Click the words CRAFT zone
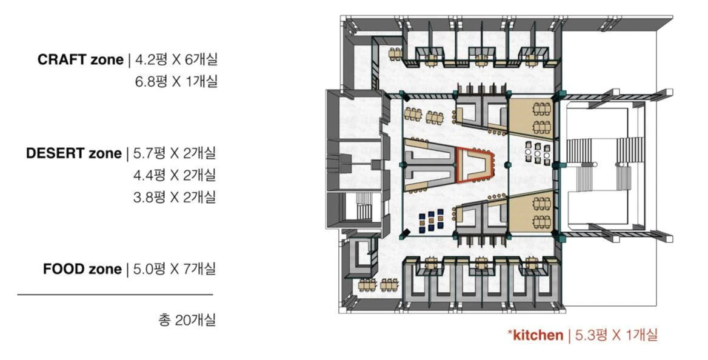pos(79,60)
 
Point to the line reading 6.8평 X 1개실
pos(176,81)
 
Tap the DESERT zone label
pos(73,153)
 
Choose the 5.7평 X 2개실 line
pos(174,153)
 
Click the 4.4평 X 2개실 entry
pos(175,175)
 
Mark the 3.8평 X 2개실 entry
pos(175,197)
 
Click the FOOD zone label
pos(82,269)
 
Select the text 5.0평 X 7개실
pos(174,269)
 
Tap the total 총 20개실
pos(187,320)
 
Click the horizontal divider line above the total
pos(115,295)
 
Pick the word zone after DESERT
pos(105,153)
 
